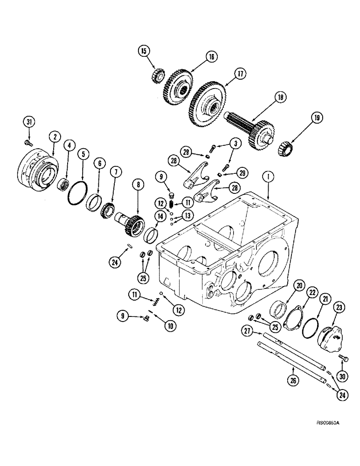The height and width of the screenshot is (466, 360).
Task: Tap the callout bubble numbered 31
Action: [x=29, y=122]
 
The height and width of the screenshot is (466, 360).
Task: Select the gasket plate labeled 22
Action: [x=297, y=321]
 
